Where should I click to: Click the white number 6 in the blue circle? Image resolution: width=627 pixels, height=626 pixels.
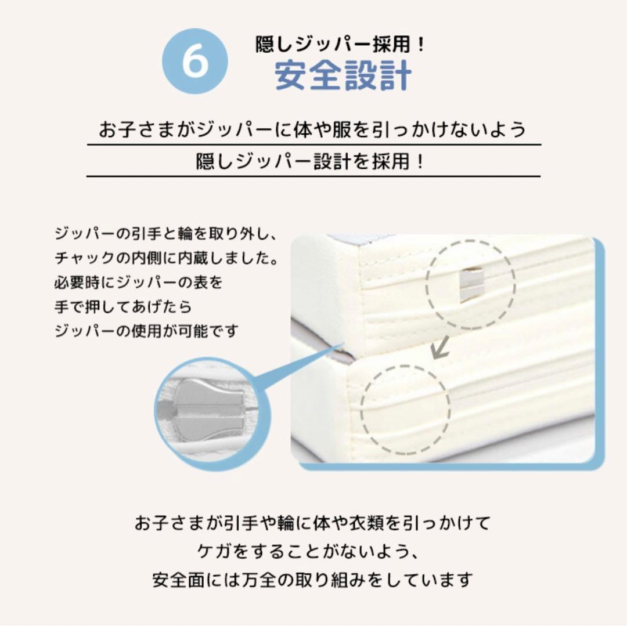195,61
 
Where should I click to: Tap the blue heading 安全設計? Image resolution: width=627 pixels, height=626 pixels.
343,75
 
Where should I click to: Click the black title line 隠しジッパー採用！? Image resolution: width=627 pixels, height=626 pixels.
340,44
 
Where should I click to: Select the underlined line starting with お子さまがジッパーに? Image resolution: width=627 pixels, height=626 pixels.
312,129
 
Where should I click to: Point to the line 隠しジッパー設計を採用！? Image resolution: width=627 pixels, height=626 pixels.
310,161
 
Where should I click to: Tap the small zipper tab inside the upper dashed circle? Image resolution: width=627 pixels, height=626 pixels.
472,284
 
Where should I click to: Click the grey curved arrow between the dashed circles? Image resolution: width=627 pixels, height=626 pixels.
440,347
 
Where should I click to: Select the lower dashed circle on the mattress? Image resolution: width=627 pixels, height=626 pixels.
405,410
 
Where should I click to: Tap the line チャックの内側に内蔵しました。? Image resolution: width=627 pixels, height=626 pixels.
167,258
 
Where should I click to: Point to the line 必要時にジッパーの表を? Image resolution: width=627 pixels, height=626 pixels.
138,282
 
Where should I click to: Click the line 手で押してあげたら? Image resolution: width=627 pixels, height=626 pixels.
123,306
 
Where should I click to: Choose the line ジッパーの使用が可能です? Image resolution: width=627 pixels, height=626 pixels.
146,331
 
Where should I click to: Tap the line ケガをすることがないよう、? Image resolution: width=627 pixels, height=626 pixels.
309,551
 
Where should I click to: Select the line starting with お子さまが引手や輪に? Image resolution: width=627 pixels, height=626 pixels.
313,523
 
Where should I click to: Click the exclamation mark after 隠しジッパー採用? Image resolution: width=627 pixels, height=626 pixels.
420,44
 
